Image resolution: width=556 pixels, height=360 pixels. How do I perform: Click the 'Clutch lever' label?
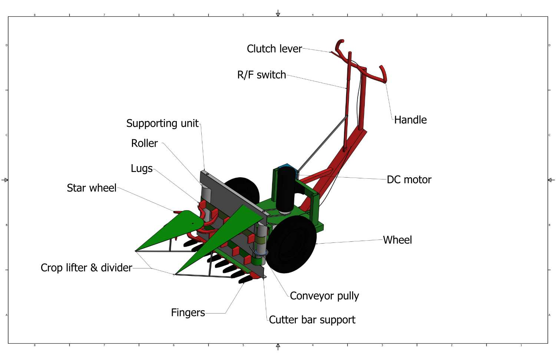coord(274,49)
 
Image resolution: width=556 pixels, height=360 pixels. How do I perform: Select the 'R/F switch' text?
coord(261,75)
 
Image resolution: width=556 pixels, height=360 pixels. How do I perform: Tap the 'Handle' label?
coord(410,120)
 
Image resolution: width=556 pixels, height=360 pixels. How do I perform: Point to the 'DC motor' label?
coord(409,180)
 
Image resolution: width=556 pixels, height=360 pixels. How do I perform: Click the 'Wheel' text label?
coord(397,240)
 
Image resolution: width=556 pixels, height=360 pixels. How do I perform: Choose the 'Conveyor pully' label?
coord(324,296)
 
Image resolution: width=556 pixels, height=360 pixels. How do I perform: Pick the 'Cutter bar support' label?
coord(312,320)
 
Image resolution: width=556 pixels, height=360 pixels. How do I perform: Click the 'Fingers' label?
coord(188,313)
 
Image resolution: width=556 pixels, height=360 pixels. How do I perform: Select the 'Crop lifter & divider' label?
coord(86,268)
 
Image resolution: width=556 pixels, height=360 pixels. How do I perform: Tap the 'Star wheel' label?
coord(92,188)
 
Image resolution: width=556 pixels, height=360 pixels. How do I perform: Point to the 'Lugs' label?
coord(142,168)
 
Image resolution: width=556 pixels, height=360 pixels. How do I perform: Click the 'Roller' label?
coord(144,143)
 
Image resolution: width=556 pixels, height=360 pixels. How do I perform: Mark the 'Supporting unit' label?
coord(162,123)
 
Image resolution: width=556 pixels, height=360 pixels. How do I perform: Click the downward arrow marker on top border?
coord(278,14)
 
